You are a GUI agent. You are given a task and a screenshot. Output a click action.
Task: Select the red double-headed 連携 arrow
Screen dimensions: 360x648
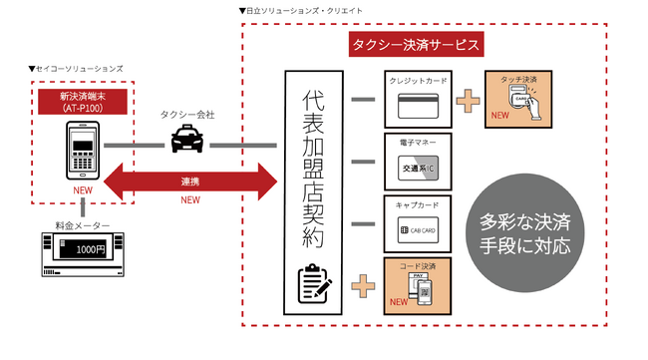pos(189,182)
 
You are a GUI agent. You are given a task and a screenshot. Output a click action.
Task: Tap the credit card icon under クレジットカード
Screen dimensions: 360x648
pos(416,105)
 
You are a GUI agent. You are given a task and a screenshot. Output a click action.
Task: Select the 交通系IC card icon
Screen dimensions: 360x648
pos(416,169)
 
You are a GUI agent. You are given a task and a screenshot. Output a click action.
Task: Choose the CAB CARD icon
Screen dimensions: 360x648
pos(416,231)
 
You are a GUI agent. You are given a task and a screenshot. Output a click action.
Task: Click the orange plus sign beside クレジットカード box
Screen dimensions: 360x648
pos(465,100)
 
